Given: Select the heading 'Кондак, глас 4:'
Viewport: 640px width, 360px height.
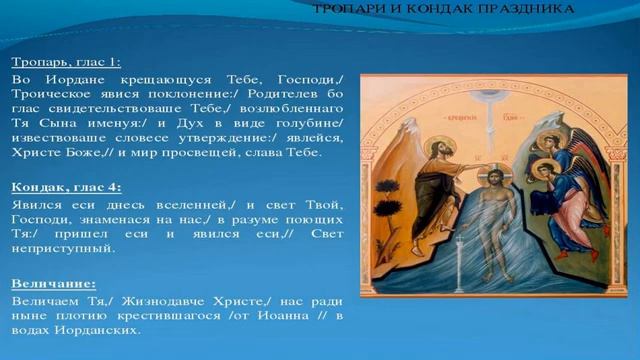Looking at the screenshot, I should [x=66, y=186].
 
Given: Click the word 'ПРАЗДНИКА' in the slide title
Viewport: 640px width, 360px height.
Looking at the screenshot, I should [x=539, y=9].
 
